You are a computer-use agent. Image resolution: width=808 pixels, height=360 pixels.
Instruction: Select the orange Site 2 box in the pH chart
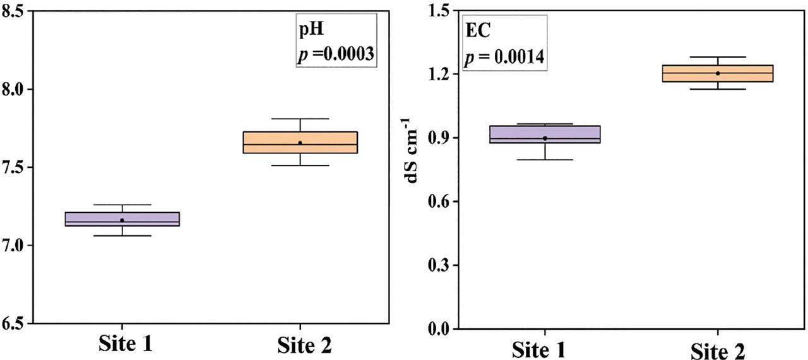point(300,143)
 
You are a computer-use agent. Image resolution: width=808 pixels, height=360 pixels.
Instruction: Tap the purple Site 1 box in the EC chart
point(545,135)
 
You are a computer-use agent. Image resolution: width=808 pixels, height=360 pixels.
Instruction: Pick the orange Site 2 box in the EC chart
point(718,73)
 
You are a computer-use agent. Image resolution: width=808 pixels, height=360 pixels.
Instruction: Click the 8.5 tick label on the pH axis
point(15,11)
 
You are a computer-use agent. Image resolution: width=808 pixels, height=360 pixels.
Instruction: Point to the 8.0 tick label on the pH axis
point(15,90)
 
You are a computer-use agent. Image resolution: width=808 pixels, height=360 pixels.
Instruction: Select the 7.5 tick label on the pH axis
point(15,167)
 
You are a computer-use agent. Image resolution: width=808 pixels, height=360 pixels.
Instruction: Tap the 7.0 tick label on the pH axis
point(15,245)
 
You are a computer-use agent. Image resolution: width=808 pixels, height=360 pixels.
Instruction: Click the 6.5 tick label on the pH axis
point(15,323)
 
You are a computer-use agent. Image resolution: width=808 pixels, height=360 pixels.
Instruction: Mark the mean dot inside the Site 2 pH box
point(300,143)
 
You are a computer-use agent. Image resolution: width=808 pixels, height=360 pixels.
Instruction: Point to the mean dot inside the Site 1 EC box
point(545,138)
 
